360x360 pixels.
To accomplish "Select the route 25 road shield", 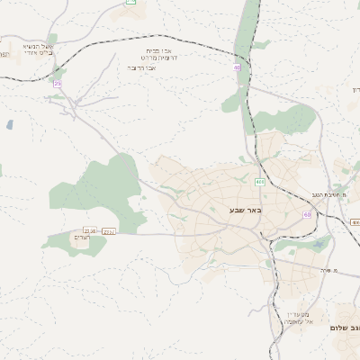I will (x=58, y=83).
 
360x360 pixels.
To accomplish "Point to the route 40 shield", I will (x=237, y=67).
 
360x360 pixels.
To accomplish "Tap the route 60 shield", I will (x=307, y=214).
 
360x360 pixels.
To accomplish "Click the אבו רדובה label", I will (x=143, y=67).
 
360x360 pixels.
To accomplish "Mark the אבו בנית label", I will (x=162, y=50).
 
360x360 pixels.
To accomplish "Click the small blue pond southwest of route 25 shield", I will (x=9, y=125).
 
